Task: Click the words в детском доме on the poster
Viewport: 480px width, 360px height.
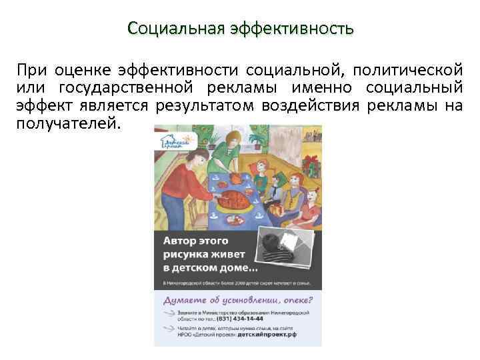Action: pyautogui.click(x=211, y=268)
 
